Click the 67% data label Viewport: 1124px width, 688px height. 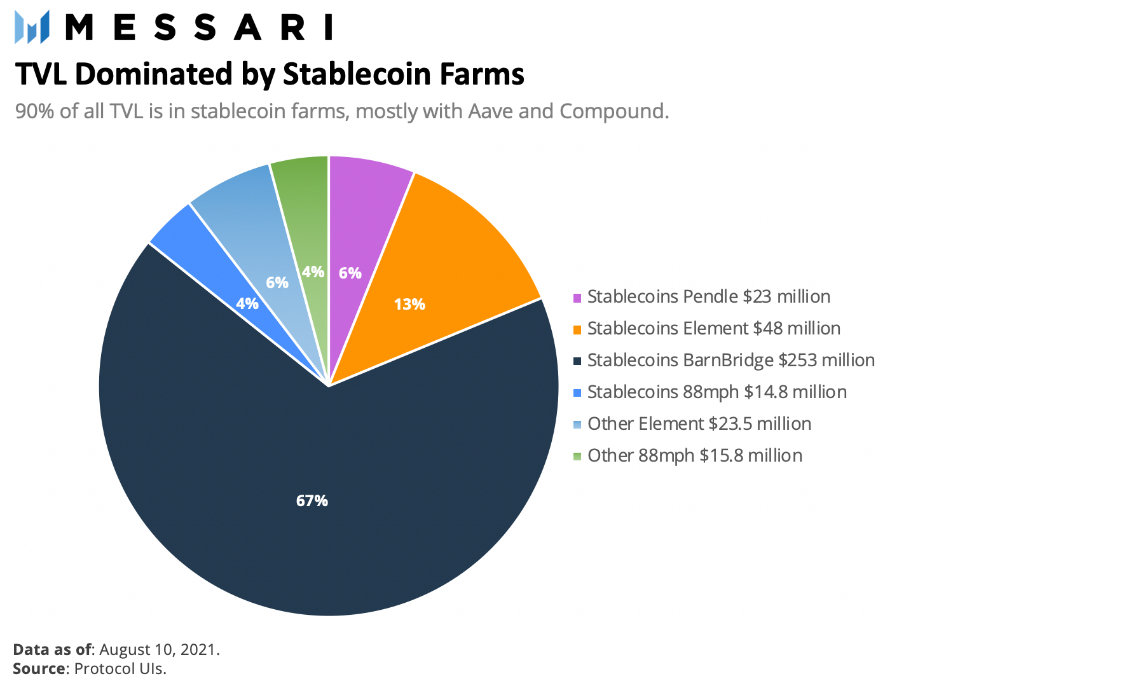312,501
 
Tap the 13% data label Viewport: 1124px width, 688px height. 409,305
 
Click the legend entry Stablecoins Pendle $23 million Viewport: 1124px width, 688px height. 708,297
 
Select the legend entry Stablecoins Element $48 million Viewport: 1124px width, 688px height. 713,329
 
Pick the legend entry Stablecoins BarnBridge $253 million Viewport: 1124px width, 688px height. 730,361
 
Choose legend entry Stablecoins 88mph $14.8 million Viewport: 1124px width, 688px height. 716,392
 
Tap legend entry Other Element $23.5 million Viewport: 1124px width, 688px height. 699,424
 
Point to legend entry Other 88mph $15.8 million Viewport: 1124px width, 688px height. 694,456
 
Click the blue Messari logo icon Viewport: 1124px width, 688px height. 32,27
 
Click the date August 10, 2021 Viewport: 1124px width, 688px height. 160,650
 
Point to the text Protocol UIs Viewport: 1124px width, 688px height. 120,669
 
